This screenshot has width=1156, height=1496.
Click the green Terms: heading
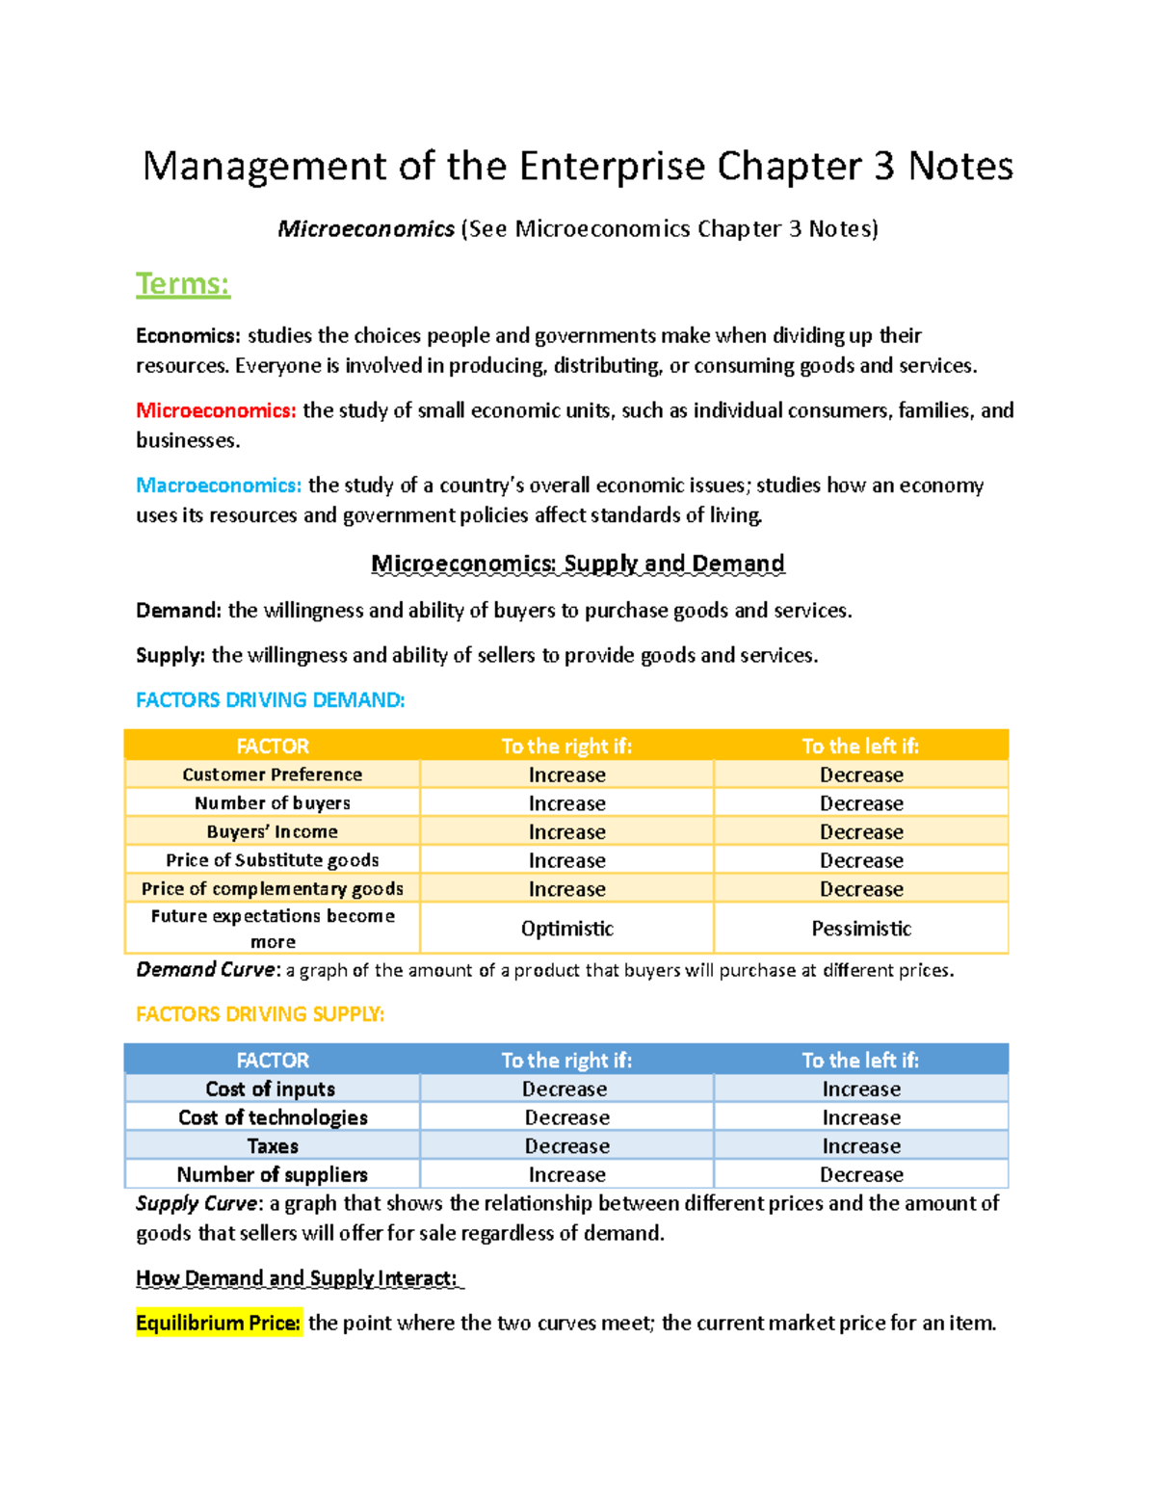point(183,284)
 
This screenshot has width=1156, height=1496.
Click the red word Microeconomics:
point(216,410)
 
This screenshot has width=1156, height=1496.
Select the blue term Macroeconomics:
point(219,485)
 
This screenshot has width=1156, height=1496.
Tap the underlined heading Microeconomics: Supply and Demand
point(578,564)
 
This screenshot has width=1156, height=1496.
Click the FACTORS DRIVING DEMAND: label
point(271,700)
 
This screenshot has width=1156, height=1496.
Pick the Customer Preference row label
point(273,774)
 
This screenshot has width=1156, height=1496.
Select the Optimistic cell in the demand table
point(567,929)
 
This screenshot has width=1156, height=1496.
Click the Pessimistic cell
point(861,929)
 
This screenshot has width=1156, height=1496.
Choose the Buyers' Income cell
point(273,831)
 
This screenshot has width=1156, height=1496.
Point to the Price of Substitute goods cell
point(273,860)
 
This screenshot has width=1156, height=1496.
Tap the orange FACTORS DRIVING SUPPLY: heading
point(260,1014)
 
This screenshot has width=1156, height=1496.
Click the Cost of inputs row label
point(271,1089)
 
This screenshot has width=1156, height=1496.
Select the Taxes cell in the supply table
point(273,1146)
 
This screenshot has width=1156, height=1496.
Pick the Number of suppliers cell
point(273,1174)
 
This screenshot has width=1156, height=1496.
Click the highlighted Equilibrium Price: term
point(219,1324)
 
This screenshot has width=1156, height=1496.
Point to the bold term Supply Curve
point(197,1203)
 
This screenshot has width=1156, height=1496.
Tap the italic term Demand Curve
point(206,970)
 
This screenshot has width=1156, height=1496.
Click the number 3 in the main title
point(884,167)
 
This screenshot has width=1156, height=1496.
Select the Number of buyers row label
point(273,803)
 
